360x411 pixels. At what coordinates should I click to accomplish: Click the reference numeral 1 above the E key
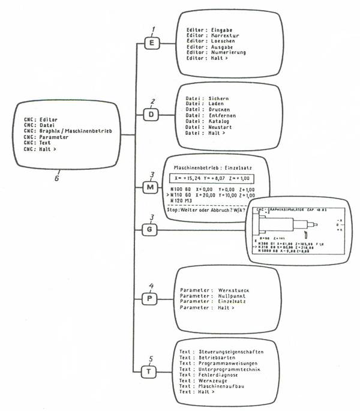(154, 29)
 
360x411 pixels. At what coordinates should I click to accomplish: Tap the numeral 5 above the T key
(155, 359)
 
